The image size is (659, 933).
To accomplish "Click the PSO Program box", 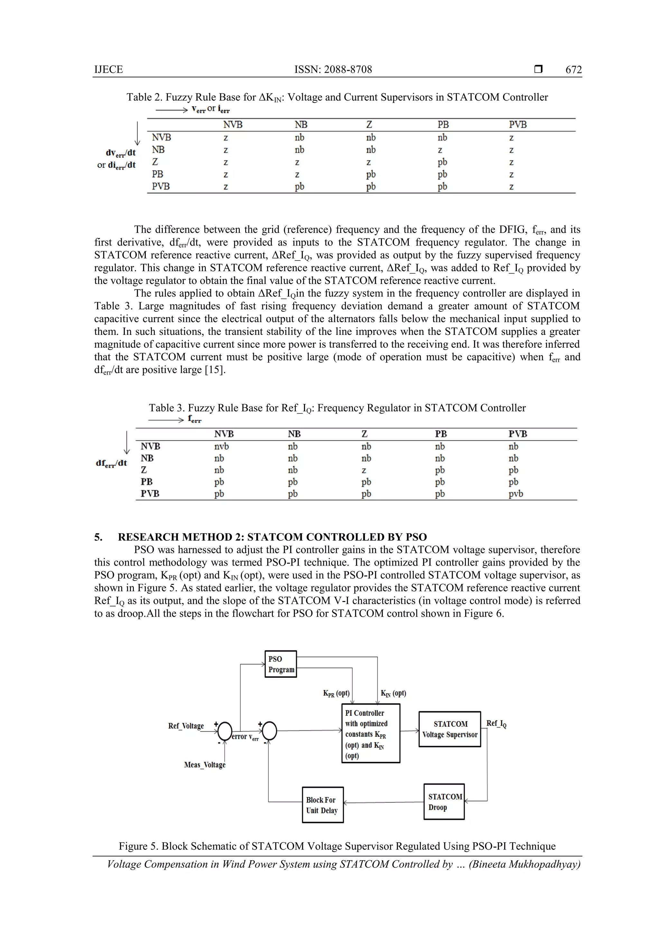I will (281, 664).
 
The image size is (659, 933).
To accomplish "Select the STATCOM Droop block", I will (444, 802).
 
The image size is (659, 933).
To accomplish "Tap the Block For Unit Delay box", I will (323, 805).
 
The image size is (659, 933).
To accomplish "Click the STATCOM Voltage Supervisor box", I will (450, 729).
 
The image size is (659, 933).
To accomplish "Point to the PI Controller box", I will (371, 733).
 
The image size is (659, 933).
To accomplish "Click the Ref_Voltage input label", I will (186, 726).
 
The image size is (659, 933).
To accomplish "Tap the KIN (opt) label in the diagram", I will (393, 693).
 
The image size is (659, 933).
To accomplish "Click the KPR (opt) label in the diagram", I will (336, 693).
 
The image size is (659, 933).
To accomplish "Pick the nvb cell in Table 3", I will (222, 446).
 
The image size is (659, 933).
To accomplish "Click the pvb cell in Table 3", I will (516, 494).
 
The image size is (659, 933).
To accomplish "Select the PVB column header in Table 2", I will (518, 125).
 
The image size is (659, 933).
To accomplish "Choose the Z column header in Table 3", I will (364, 434).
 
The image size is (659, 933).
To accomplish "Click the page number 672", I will (573, 70).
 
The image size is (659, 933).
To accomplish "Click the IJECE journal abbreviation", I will (108, 70).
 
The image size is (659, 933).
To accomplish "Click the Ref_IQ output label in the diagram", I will (496, 723).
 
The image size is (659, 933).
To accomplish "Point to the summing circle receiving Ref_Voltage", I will (225, 731).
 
